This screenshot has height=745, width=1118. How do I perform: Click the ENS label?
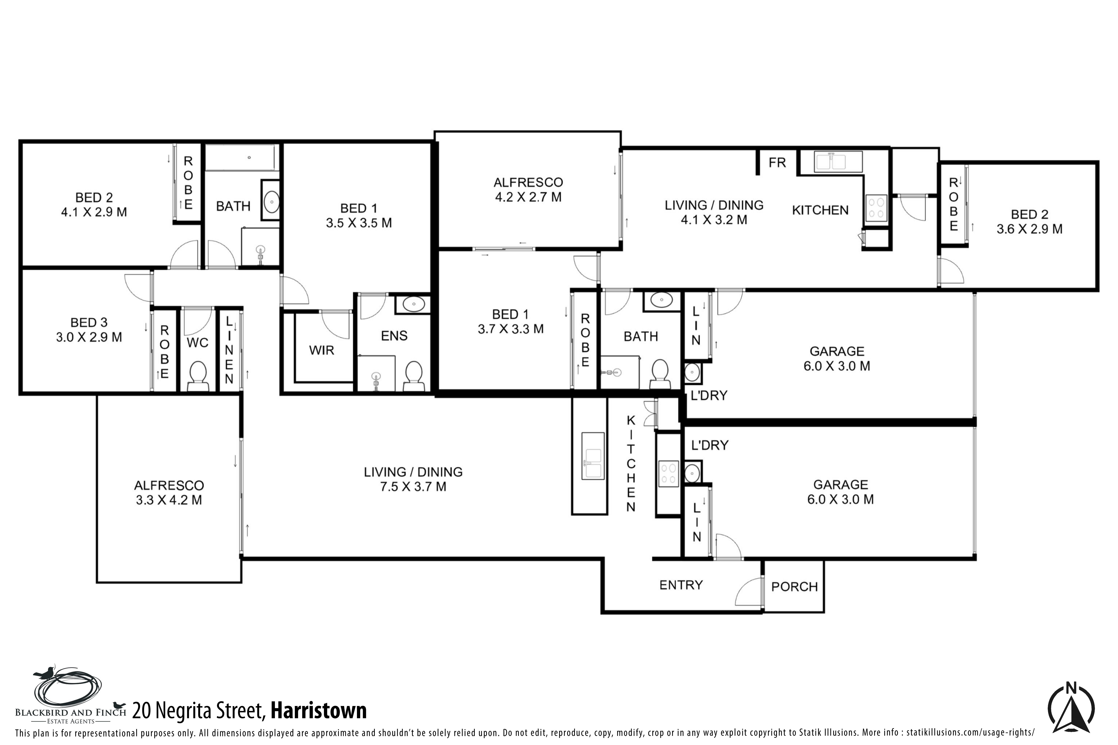394,336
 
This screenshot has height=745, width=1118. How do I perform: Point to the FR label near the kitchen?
777,163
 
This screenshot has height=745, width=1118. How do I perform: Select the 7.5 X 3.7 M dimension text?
413,487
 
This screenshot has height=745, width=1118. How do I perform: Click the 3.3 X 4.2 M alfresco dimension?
169,500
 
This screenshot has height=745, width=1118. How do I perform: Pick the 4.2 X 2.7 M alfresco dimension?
528,197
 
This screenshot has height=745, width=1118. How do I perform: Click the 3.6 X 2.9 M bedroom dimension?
1029,229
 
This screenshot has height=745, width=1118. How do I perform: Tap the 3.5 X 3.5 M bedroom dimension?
359,223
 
